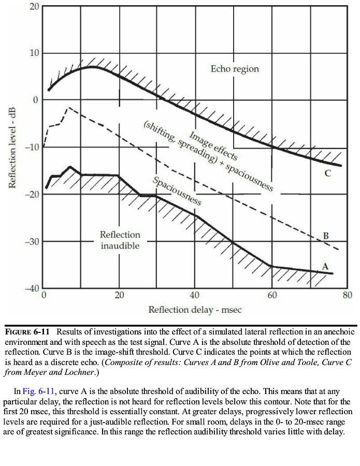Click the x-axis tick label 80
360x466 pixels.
(348, 295)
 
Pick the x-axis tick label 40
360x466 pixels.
(195, 295)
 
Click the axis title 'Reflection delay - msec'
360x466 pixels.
(195, 310)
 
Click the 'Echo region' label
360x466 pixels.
(235, 69)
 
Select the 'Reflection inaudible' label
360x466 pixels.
(120, 240)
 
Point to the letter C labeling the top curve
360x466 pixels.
(327, 173)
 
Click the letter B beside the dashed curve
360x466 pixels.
(326, 236)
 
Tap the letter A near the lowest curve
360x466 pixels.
(325, 266)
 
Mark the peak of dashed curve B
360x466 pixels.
(69, 108)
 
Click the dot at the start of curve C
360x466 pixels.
(49, 90)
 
